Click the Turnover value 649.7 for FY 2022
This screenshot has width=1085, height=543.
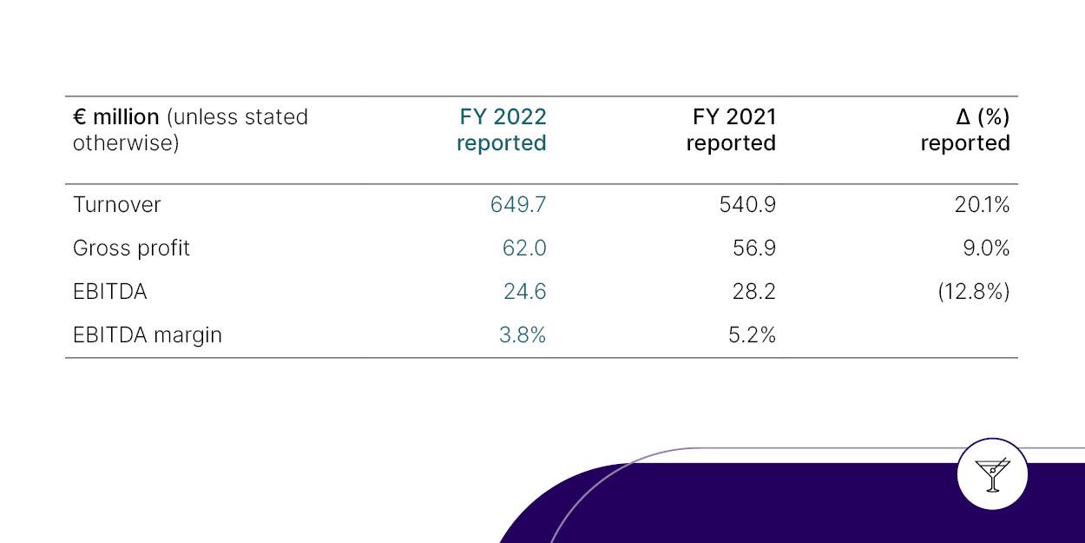tap(518, 205)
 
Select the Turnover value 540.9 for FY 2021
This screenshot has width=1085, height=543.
tap(747, 205)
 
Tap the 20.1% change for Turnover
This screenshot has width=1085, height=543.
tap(982, 205)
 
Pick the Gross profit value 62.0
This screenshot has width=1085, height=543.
tap(524, 248)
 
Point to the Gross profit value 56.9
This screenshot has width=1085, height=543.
tap(753, 248)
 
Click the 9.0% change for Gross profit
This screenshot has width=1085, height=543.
tap(986, 248)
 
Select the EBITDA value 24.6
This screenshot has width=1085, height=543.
tap(524, 292)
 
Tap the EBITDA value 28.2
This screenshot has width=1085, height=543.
tap(753, 292)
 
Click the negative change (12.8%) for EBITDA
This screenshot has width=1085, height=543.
tap(973, 292)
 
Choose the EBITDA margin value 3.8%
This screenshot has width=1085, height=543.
tap(522, 335)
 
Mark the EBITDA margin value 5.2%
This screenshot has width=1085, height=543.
tap(752, 335)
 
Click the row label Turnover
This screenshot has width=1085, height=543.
tap(116, 205)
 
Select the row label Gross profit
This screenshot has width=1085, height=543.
tap(131, 248)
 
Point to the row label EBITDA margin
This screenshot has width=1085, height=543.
tap(147, 335)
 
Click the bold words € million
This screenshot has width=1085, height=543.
tap(115, 117)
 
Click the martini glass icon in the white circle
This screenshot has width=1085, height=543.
tap(992, 475)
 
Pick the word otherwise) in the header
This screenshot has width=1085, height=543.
tap(126, 143)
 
